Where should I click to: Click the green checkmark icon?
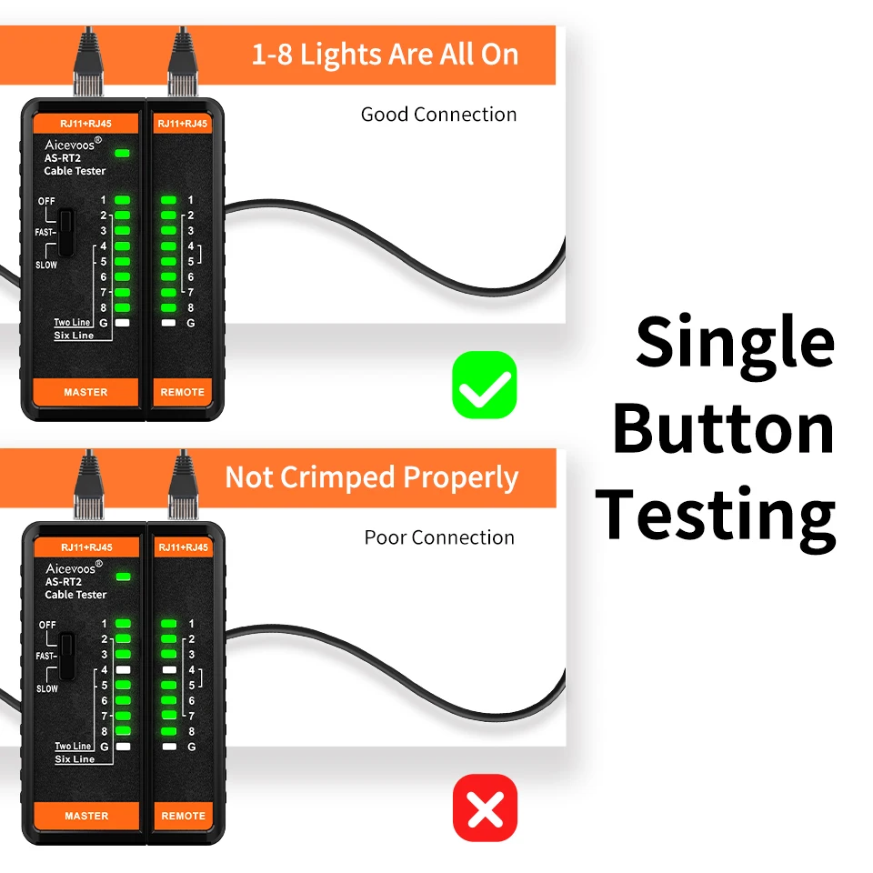click(x=485, y=385)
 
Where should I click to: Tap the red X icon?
click(x=485, y=808)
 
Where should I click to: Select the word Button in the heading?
click(x=723, y=428)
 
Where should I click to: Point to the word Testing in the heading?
click(x=716, y=517)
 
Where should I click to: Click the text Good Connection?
click(x=438, y=115)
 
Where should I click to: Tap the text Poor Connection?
click(x=439, y=537)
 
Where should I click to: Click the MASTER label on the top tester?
click(x=85, y=392)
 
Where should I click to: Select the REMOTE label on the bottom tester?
click(x=183, y=816)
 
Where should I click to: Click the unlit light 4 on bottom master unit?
click(x=123, y=670)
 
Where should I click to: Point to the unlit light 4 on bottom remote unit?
click(x=169, y=670)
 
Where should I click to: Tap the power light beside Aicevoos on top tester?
click(x=122, y=153)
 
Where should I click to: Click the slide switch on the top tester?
click(x=66, y=232)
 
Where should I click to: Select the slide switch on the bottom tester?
click(x=67, y=656)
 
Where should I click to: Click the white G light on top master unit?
click(x=122, y=323)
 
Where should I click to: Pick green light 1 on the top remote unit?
click(x=168, y=200)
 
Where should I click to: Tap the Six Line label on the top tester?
click(x=74, y=336)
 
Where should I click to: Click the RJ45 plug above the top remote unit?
click(x=183, y=61)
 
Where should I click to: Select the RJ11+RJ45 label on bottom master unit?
click(x=87, y=547)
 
